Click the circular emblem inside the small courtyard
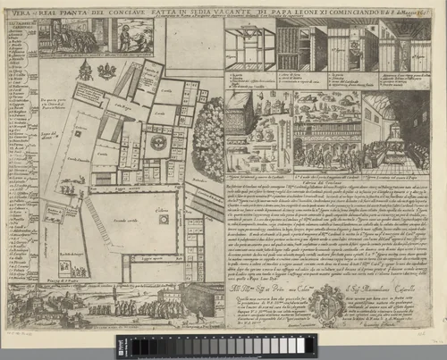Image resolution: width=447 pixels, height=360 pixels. [161, 141]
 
